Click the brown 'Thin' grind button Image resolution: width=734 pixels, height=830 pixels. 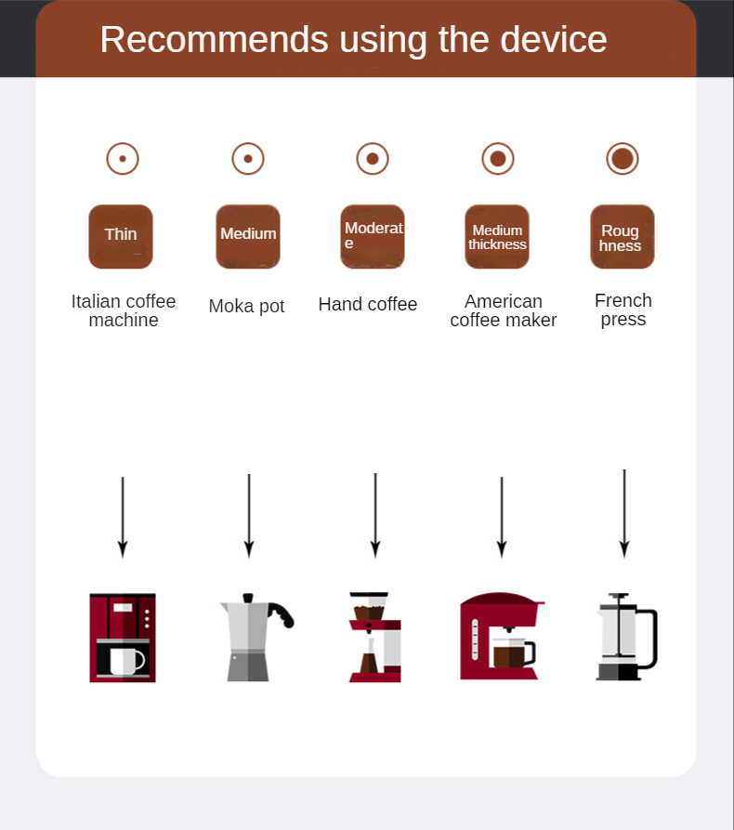pyautogui.click(x=121, y=236)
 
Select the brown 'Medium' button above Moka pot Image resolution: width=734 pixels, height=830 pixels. pyautogui.click(x=248, y=236)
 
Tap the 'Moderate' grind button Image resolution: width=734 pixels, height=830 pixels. pyautogui.click(x=373, y=236)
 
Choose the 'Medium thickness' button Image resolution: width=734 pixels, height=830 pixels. pyautogui.click(x=497, y=236)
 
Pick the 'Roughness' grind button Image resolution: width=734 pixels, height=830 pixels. pyautogui.click(x=622, y=236)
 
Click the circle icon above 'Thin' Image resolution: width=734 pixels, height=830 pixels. pyautogui.click(x=123, y=159)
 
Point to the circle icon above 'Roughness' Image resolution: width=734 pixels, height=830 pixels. pyautogui.click(x=623, y=159)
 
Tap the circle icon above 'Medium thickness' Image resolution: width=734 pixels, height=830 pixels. pyautogui.click(x=498, y=159)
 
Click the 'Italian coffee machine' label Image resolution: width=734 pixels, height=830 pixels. pyautogui.click(x=124, y=310)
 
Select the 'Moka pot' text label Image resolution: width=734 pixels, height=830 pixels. pyautogui.click(x=246, y=306)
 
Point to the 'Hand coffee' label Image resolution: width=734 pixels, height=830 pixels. pyautogui.click(x=368, y=304)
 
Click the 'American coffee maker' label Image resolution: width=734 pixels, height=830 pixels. pyautogui.click(x=504, y=310)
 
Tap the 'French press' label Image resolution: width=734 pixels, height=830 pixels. pyautogui.click(x=623, y=310)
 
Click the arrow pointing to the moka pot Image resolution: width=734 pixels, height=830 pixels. pyautogui.click(x=249, y=515)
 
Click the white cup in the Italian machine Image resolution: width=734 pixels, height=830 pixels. pyautogui.click(x=125, y=661)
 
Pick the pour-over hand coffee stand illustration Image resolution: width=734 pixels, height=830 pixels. pyautogui.click(x=374, y=637)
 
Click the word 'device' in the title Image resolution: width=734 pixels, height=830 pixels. pyautogui.click(x=553, y=40)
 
